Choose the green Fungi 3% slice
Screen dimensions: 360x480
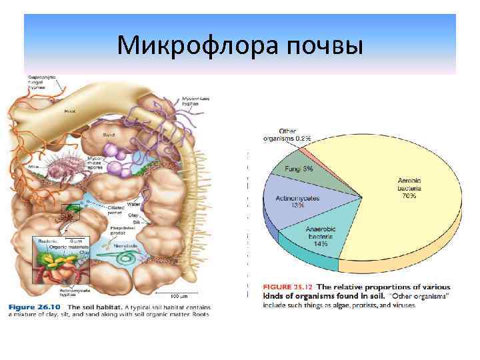click(300, 169)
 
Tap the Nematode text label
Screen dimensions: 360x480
click(125, 245)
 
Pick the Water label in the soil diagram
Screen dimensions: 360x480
click(133, 204)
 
